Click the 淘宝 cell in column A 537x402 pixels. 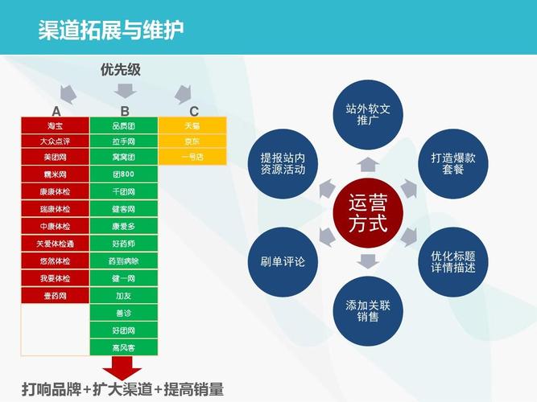coord(55,125)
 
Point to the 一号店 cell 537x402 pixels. coord(192,158)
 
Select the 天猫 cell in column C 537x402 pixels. coord(192,125)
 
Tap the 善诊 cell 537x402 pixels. coord(124,314)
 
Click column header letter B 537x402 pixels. coord(125,111)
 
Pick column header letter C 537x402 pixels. coord(194,111)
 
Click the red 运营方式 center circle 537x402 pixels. coord(368,213)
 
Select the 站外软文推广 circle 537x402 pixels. coord(368,114)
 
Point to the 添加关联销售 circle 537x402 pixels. coord(368,311)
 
